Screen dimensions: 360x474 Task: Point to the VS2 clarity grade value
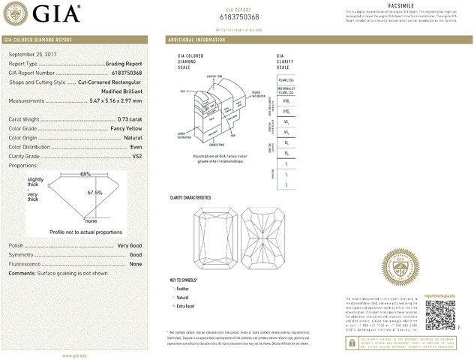136,156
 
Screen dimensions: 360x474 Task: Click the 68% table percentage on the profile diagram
85,174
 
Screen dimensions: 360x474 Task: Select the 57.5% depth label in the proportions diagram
94,193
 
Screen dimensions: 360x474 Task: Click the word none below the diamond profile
91,221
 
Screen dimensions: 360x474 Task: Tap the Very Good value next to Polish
130,246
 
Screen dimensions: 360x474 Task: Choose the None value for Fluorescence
136,264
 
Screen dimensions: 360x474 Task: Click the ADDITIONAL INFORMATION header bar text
197,39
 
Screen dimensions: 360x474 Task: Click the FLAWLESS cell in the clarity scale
286,79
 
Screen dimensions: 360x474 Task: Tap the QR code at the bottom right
440,318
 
